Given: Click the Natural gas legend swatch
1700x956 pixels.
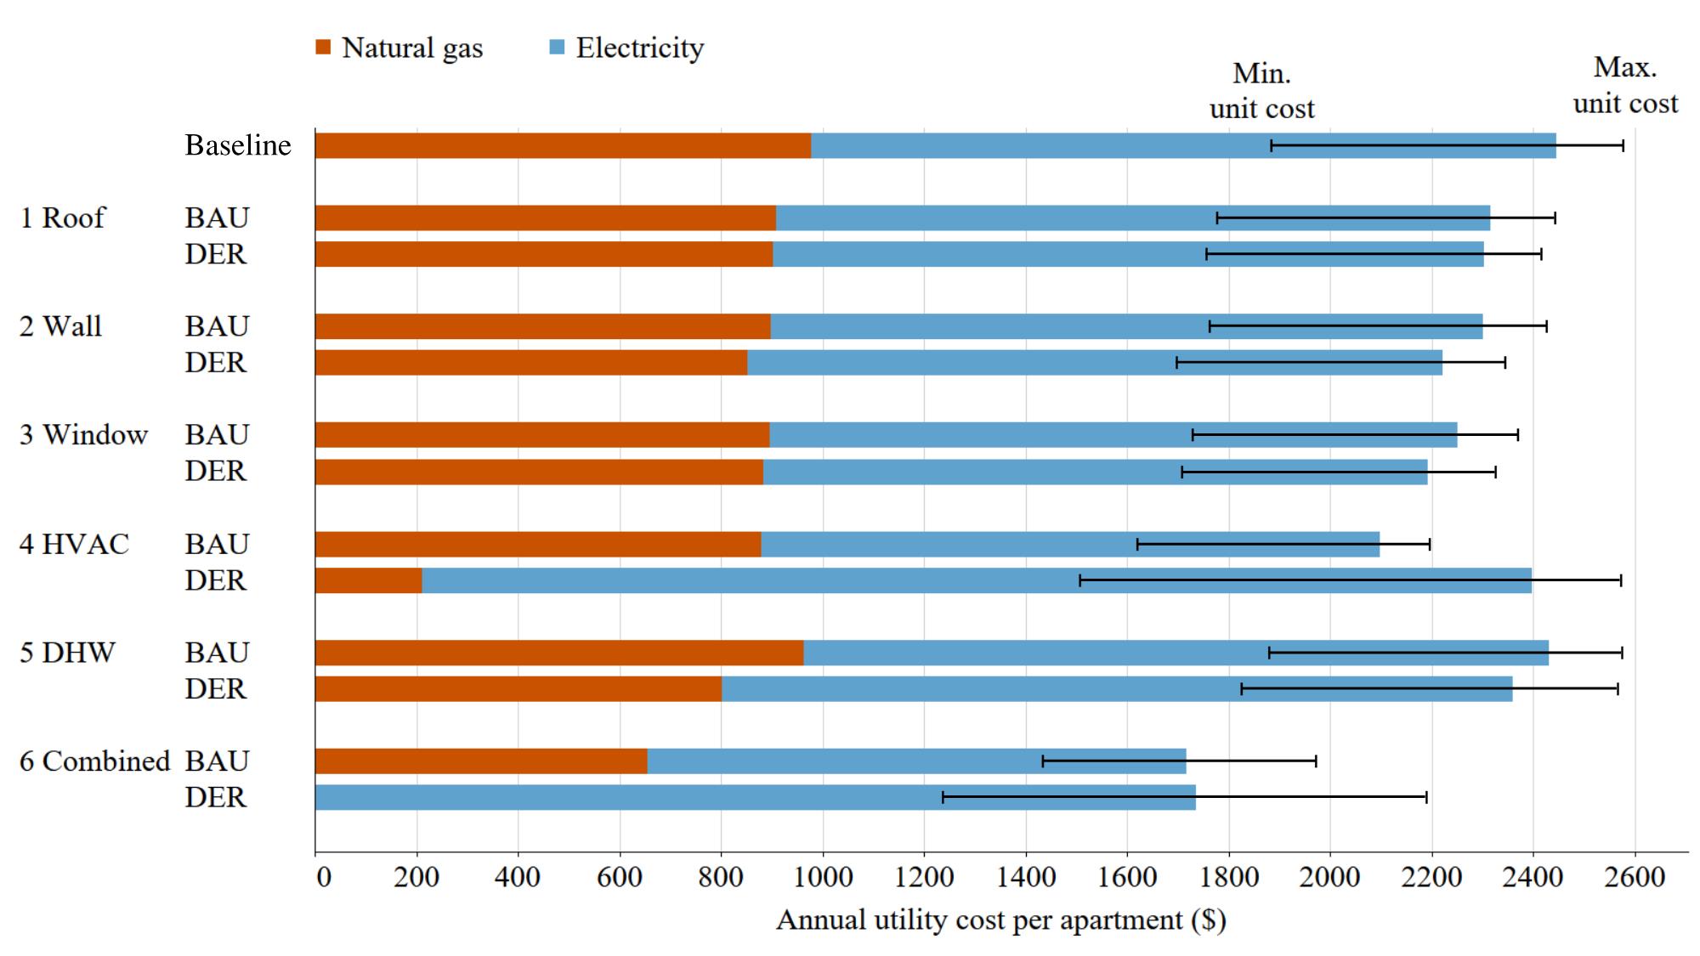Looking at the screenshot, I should tap(323, 48).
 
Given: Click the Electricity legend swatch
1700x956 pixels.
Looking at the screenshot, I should tap(557, 48).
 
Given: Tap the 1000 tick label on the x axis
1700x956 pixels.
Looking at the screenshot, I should tap(822, 877).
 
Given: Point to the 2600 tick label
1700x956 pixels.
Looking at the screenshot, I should tap(1634, 877).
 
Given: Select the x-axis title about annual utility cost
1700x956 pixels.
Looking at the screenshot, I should tap(1000, 920).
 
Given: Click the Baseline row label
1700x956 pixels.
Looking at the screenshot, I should tap(238, 145).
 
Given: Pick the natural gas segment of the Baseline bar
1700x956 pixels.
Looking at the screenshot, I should tap(563, 145).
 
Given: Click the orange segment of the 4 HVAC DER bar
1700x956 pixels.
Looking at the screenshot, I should tap(368, 580).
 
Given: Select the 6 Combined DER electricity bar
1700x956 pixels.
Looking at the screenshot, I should tap(755, 797).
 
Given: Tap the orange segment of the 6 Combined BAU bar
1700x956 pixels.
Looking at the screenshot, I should tap(481, 761).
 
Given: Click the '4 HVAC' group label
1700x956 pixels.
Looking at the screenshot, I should tap(74, 544).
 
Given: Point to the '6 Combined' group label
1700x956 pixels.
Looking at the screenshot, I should tap(94, 761).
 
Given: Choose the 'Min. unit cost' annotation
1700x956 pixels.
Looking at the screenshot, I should tap(1261, 91).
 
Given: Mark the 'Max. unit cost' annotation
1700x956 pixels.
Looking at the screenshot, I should tap(1625, 85).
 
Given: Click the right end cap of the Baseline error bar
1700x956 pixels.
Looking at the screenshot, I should tap(1623, 145).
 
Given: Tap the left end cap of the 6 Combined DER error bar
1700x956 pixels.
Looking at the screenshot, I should tap(943, 797).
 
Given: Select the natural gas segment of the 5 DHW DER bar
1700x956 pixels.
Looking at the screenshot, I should tap(518, 689).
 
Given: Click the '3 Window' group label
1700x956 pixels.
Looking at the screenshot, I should tap(83, 435).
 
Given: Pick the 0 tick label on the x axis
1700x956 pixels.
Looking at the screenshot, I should tap(323, 877).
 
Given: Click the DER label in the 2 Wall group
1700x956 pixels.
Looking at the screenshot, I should tap(216, 363).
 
